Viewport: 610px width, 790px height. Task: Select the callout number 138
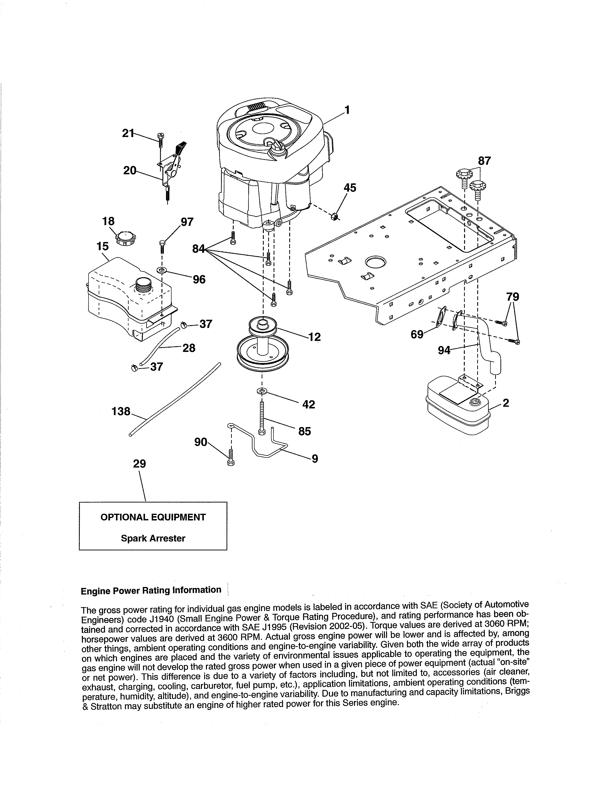pos(121,411)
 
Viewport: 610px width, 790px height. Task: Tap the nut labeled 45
pos(335,217)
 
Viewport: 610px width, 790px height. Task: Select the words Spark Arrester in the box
pos(153,538)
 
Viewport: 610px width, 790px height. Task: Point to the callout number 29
pos(139,464)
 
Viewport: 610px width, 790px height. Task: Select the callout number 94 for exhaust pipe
pos(444,350)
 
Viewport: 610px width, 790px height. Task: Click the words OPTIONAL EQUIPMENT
pos(153,517)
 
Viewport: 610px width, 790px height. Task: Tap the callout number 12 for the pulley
pos(315,337)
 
